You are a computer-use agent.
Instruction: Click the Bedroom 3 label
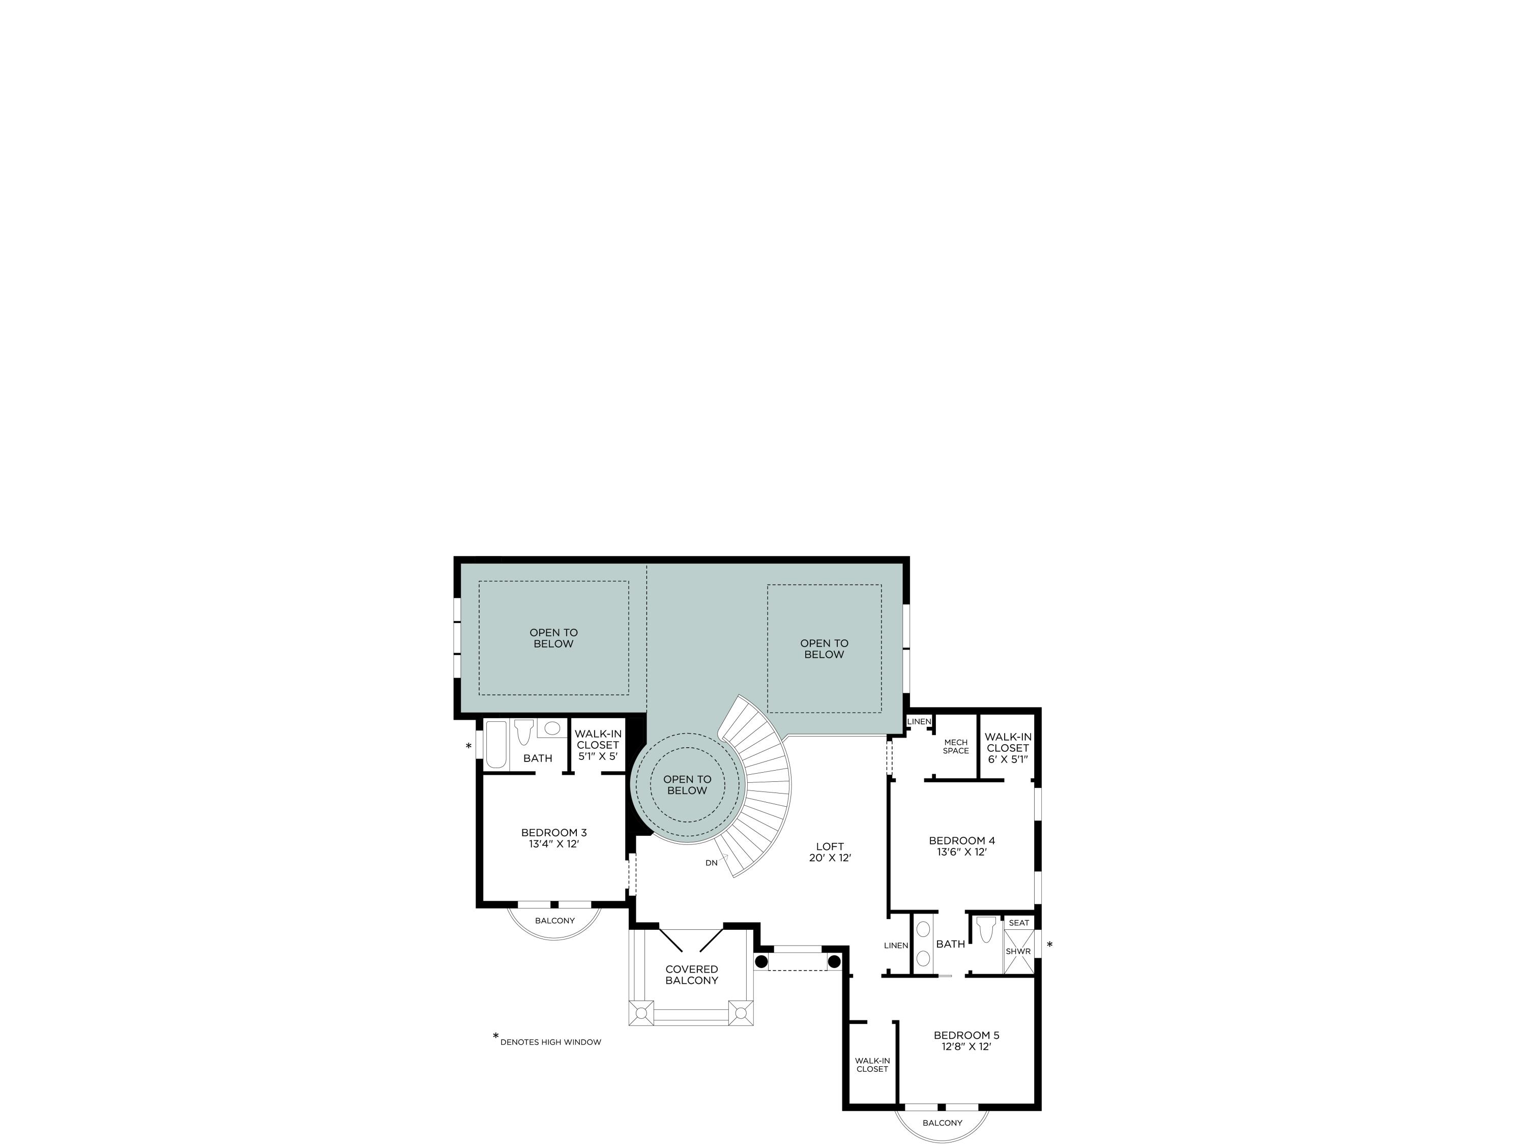click(x=553, y=838)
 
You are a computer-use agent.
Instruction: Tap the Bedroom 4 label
click(x=962, y=846)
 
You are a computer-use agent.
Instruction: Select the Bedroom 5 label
click(x=966, y=1041)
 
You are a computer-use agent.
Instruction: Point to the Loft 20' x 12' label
click(x=830, y=852)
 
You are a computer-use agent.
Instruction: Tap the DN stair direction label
click(x=711, y=863)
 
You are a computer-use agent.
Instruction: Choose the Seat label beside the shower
click(x=1018, y=923)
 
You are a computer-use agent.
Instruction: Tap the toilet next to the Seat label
click(x=986, y=929)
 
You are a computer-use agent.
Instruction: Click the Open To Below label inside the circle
click(x=687, y=784)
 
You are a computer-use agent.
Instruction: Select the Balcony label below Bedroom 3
click(x=554, y=921)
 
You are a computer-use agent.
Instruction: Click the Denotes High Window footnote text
click(x=550, y=1042)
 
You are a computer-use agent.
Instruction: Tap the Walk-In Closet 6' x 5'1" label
click(x=1008, y=747)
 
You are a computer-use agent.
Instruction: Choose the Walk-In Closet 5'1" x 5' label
click(x=598, y=745)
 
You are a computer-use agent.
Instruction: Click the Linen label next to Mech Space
click(x=919, y=722)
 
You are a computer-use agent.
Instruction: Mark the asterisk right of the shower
click(x=1049, y=945)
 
